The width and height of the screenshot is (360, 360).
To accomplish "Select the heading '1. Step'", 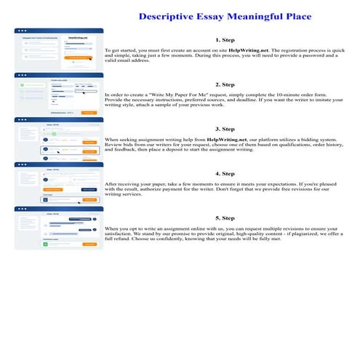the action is pos(225,39).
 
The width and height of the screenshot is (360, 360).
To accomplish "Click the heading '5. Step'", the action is pos(225,217).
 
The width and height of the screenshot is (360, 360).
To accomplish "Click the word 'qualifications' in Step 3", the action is pos(276,145).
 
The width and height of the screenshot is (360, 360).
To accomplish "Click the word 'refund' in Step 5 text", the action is pos(121,241).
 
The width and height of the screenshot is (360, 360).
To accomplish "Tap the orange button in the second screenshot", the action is pos(88,113).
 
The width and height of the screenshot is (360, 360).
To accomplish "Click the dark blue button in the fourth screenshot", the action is pos(88,189).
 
